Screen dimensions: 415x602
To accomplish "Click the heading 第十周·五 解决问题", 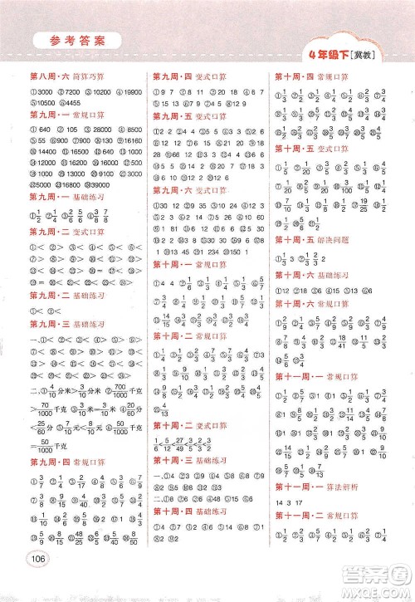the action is click(313, 237).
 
